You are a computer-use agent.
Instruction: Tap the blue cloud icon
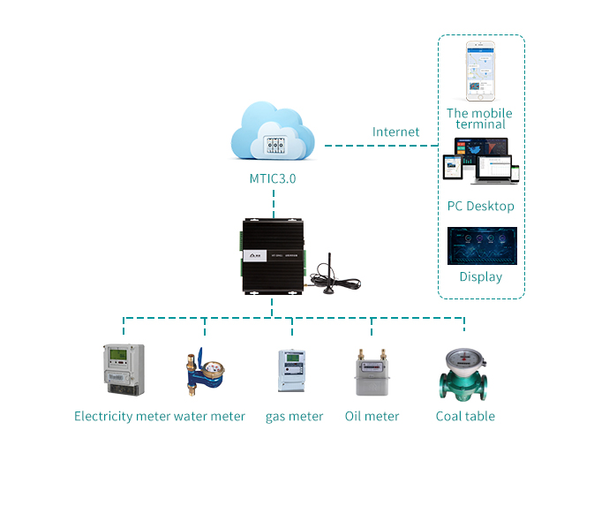point(273,134)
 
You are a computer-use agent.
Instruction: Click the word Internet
point(395,132)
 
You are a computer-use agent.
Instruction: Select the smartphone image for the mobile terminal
point(481,72)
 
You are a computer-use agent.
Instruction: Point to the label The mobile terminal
point(480,118)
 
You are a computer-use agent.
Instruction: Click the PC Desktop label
point(480,207)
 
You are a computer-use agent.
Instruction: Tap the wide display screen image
point(481,245)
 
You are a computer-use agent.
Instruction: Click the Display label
point(480,276)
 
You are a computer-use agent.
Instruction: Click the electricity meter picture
point(120,370)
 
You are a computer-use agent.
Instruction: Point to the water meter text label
point(209,416)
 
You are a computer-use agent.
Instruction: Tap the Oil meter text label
point(372,416)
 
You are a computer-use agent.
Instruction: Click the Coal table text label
point(465,416)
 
